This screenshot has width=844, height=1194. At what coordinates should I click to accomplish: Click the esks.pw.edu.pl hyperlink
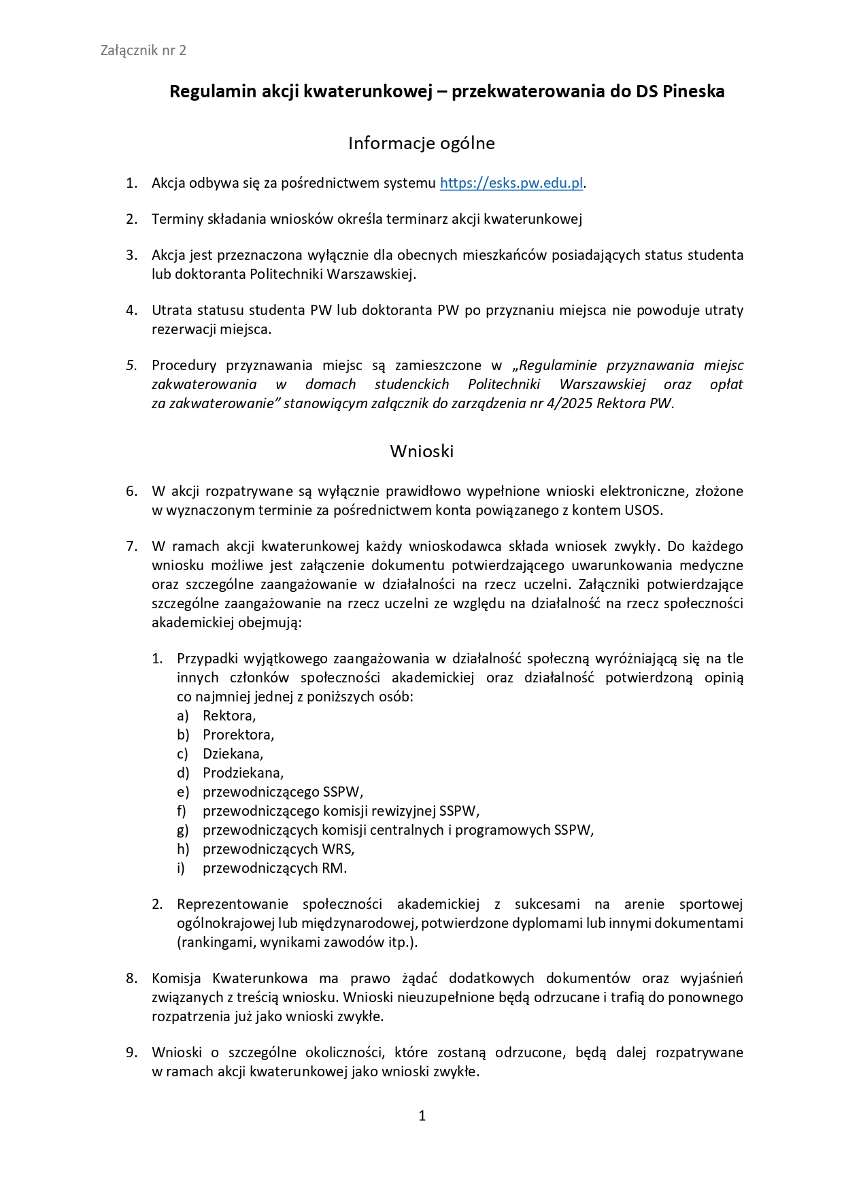tap(511, 183)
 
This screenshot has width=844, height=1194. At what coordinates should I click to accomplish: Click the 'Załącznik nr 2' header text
tap(143, 50)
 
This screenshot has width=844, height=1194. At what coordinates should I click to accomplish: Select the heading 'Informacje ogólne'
tap(421, 143)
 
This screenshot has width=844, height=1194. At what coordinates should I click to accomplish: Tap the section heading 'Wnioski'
tap(422, 451)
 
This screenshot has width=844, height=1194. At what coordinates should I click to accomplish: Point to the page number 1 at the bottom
tap(422, 1115)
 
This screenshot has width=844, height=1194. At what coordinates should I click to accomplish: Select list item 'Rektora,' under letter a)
tap(229, 716)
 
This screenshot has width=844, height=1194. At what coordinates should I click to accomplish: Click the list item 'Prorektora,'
tap(238, 735)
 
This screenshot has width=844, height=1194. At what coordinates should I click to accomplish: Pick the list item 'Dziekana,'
tap(233, 754)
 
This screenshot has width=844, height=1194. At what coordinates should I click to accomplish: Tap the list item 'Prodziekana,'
tap(243, 773)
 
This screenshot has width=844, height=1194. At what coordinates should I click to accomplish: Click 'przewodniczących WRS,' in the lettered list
tap(278, 849)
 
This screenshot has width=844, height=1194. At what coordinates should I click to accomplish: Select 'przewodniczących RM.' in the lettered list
tap(275, 868)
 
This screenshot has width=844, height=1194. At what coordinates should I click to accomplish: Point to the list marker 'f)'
tap(182, 811)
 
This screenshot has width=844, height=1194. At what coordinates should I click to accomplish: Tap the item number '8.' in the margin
tap(132, 978)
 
